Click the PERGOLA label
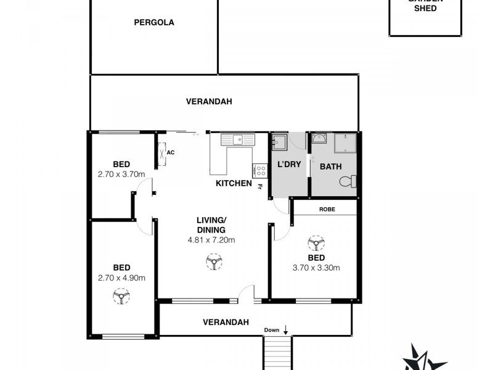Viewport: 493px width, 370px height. point(154,23)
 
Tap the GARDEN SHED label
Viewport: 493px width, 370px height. point(425,6)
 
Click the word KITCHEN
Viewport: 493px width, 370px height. point(234,183)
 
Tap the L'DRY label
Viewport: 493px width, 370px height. point(288,165)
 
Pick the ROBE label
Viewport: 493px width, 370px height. point(327,208)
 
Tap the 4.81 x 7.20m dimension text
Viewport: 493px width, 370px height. point(211,240)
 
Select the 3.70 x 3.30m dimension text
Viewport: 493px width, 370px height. point(316,268)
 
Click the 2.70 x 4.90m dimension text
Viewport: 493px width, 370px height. point(121,277)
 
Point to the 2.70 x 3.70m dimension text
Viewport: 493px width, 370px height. point(121,174)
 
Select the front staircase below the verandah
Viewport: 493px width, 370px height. point(277,353)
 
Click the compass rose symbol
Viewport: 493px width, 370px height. point(425,358)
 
